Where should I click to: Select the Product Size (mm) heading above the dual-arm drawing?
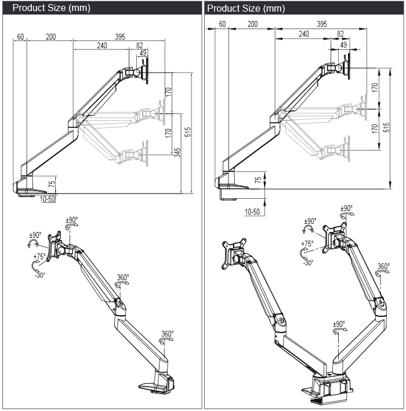(x=246, y=8)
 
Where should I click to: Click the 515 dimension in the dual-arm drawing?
(x=387, y=128)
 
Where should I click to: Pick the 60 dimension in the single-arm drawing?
(x=21, y=37)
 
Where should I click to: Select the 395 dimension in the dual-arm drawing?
(x=321, y=24)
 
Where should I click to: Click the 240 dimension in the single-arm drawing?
(x=102, y=45)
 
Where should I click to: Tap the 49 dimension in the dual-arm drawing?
(x=343, y=44)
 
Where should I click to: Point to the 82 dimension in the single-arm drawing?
(x=140, y=45)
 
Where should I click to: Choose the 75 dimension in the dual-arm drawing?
(x=258, y=180)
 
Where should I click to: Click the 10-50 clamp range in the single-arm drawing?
(x=48, y=199)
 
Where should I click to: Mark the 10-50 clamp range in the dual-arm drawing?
(x=252, y=212)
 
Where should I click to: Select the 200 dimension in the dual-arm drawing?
(x=252, y=24)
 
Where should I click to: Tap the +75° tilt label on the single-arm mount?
(x=39, y=256)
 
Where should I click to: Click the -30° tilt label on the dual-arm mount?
(x=307, y=263)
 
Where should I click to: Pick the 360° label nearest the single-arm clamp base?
(x=167, y=334)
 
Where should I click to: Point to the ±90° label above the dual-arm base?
(x=340, y=324)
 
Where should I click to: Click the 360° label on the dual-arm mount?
(x=383, y=267)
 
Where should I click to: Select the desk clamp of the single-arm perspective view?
(x=155, y=384)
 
